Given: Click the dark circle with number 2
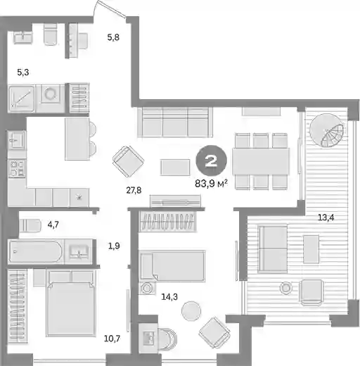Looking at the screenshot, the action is pos(212,160).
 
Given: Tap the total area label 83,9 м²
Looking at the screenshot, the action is pos(211,184).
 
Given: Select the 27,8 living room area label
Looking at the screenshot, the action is pos(134,190).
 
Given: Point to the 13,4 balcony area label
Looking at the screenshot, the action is pos(326,217).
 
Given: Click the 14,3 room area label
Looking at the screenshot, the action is pos(169,297).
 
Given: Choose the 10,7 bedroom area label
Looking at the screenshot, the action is pos(112,339).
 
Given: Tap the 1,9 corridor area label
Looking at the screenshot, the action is pos(114,246).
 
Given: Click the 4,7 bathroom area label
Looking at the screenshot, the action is pos(53,225).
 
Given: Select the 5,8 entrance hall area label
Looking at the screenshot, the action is pos(113,37).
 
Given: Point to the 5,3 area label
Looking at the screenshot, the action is pos(23,72).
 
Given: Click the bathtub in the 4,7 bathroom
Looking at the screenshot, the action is pos(35,251).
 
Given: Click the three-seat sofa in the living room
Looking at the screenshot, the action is pos(175,122).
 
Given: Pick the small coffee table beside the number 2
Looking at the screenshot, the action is pos(175,168).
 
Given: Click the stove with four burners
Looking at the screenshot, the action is pos(17,168).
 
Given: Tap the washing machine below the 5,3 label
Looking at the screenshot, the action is pos(50,94).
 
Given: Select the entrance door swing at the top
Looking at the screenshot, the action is pos(110,9).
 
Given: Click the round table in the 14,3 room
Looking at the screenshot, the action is pos(191,311).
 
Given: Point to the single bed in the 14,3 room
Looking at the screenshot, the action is pos(172,266).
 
